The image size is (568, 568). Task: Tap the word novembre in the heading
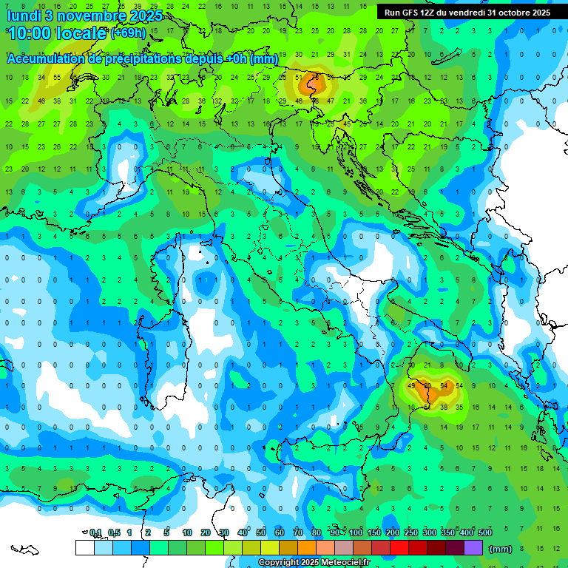point(89,16)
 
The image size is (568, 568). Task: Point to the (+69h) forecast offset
point(129,34)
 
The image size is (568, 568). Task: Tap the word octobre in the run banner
point(508,13)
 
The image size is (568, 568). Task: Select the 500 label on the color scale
point(485,532)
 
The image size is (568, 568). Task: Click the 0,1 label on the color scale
point(95,532)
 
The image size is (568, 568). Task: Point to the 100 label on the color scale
point(356,532)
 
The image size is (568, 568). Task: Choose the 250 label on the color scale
point(411,532)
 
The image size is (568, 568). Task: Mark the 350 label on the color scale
point(448,532)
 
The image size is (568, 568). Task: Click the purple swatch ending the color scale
point(473,548)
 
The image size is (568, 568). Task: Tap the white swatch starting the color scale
point(84,548)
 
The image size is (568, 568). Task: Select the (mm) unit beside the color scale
point(501,549)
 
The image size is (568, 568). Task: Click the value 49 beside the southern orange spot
point(411,386)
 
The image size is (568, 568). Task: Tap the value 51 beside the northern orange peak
point(299,78)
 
